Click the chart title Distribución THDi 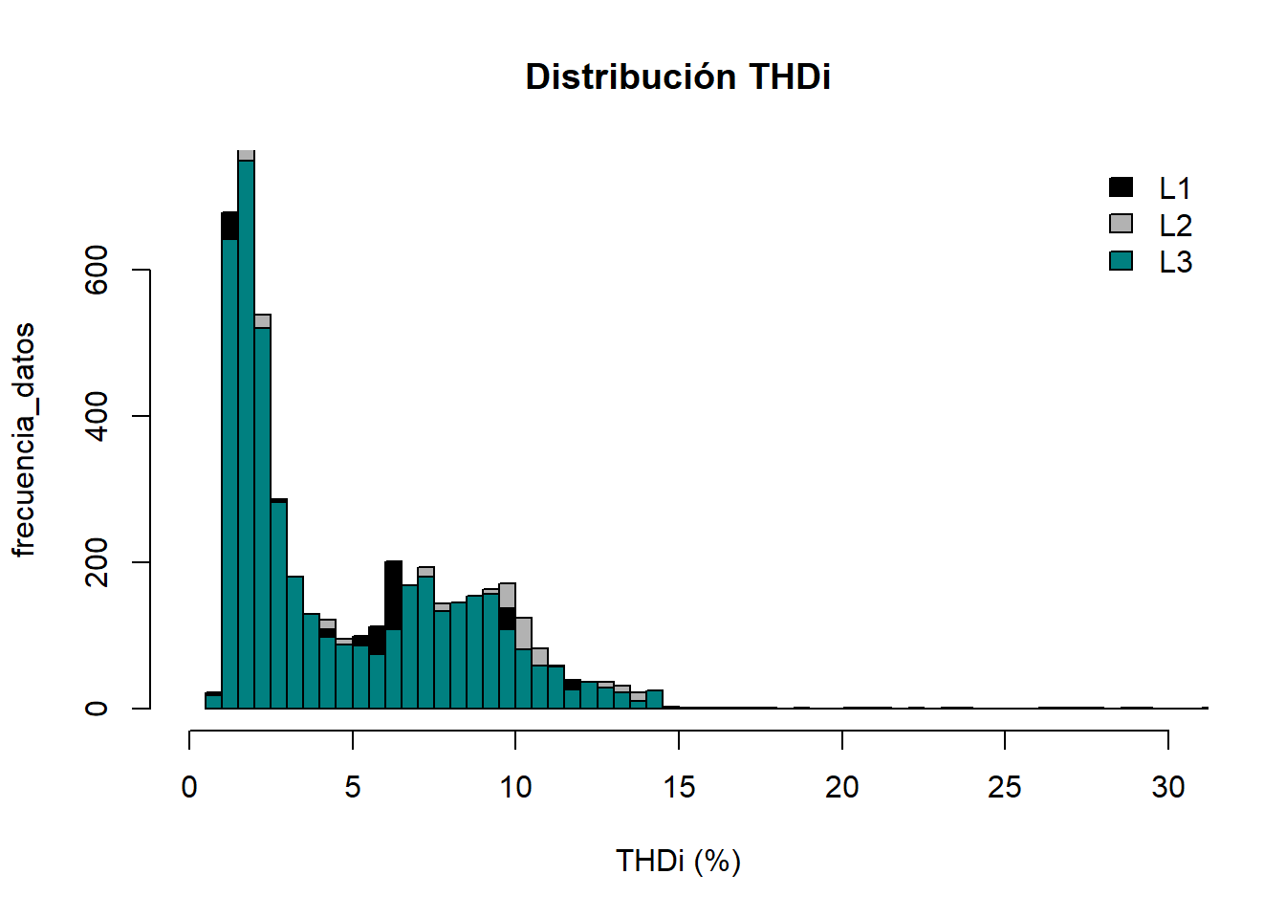pyautogui.click(x=678, y=76)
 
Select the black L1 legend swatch pyautogui.click(x=1121, y=187)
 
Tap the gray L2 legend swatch pyautogui.click(x=1121, y=224)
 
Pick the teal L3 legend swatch pyautogui.click(x=1121, y=260)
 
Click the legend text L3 pyautogui.click(x=1175, y=262)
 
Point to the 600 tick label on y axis pyautogui.click(x=97, y=270)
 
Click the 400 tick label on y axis pyautogui.click(x=97, y=416)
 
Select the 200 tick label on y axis pyautogui.click(x=97, y=562)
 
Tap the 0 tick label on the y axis pyautogui.click(x=97, y=709)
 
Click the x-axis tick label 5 pyautogui.click(x=353, y=787)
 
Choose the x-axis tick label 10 pyautogui.click(x=515, y=787)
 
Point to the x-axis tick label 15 pyautogui.click(x=679, y=787)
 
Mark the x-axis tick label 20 pyautogui.click(x=841, y=787)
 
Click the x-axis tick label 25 pyautogui.click(x=1005, y=787)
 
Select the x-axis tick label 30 pyautogui.click(x=1167, y=787)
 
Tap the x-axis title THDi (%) pyautogui.click(x=678, y=861)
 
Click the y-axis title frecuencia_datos pyautogui.click(x=24, y=440)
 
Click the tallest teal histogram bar pyautogui.click(x=246, y=430)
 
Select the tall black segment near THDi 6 pyautogui.click(x=393, y=595)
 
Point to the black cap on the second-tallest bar pyautogui.click(x=229, y=226)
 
